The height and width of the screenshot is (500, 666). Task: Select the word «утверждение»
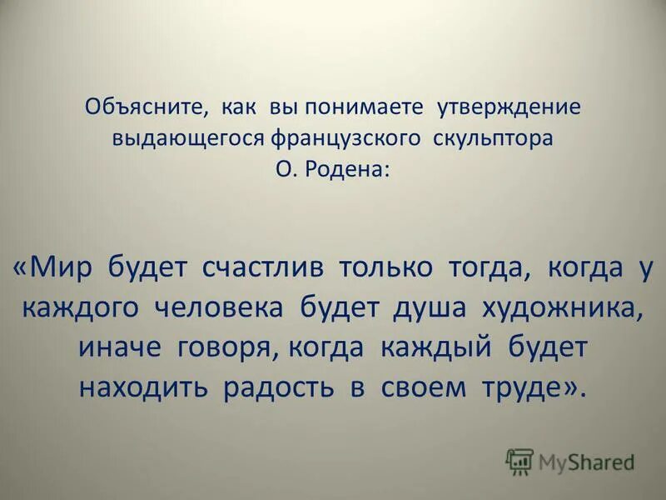509,107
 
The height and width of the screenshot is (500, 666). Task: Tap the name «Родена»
348,168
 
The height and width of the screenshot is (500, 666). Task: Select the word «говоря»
223,347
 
